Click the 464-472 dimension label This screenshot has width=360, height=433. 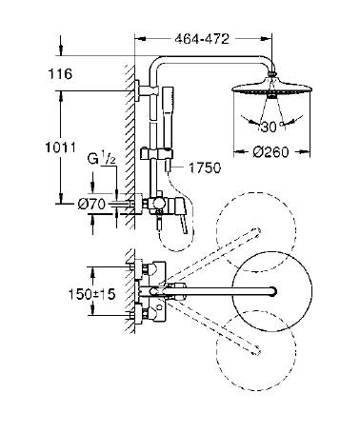click(202, 39)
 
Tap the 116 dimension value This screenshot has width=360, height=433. click(60, 74)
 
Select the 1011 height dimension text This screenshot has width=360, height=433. click(60, 148)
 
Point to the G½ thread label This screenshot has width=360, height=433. click(102, 159)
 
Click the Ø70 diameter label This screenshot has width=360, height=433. click(91, 205)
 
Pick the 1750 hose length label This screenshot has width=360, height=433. click(205, 167)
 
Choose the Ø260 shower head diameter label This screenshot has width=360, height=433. click(271, 152)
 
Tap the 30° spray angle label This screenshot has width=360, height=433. click(270, 127)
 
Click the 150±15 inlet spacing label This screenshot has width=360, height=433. click(92, 294)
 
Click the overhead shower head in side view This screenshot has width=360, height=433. click(271, 88)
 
